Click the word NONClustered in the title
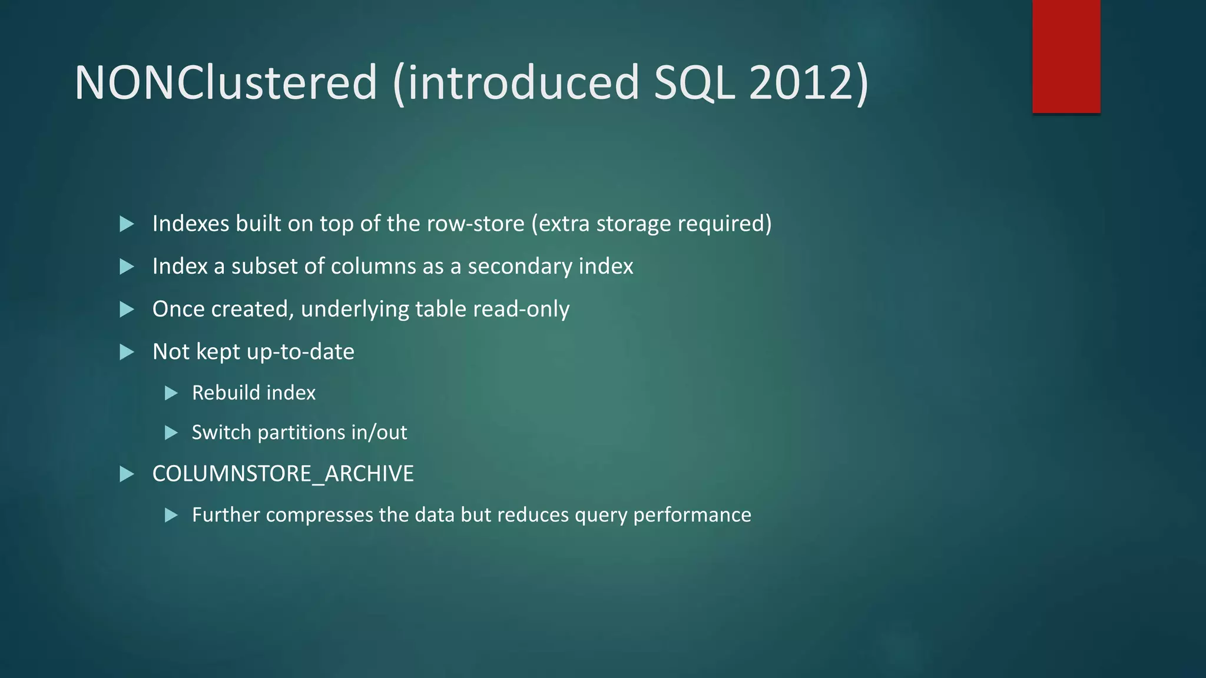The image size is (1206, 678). point(226,82)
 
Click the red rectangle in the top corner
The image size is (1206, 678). point(1066,56)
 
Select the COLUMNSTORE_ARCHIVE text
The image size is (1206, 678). point(283,474)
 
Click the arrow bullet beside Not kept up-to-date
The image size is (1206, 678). point(127,352)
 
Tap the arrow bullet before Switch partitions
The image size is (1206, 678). point(171,433)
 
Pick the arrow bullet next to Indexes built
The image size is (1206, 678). point(127,224)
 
